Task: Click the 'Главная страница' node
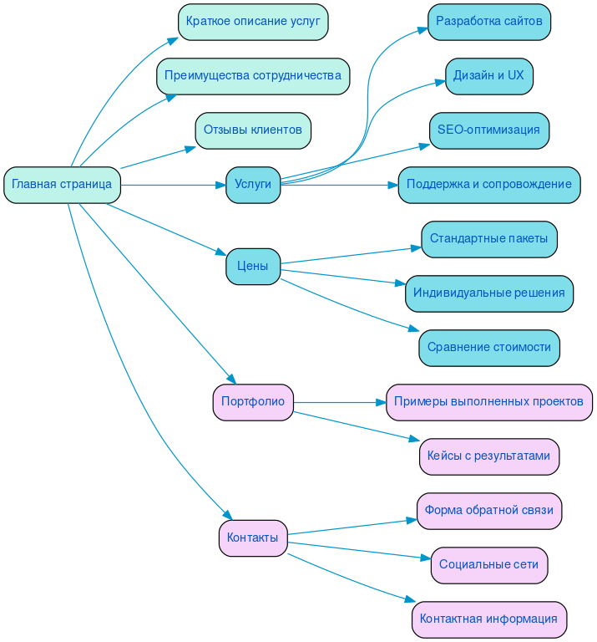pyautogui.click(x=63, y=185)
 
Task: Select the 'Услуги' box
pyautogui.click(x=253, y=185)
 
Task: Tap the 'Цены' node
pyautogui.click(x=253, y=267)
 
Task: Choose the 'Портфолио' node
pyautogui.click(x=253, y=402)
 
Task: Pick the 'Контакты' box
pyautogui.click(x=253, y=538)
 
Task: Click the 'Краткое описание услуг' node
pyautogui.click(x=253, y=22)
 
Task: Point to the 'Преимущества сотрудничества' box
pyautogui.click(x=253, y=76)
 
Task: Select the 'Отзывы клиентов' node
pyautogui.click(x=253, y=130)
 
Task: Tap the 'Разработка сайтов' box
pyautogui.click(x=489, y=22)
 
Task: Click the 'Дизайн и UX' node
pyautogui.click(x=489, y=76)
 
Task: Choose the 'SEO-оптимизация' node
pyautogui.click(x=489, y=130)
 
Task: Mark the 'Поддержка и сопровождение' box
pyautogui.click(x=489, y=185)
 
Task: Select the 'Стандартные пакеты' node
pyautogui.click(x=489, y=239)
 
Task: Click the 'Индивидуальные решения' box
pyautogui.click(x=489, y=293)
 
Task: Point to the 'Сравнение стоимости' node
pyautogui.click(x=489, y=348)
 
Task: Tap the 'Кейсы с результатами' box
pyautogui.click(x=489, y=456)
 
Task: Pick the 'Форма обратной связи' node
pyautogui.click(x=489, y=511)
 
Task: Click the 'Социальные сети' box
pyautogui.click(x=489, y=565)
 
